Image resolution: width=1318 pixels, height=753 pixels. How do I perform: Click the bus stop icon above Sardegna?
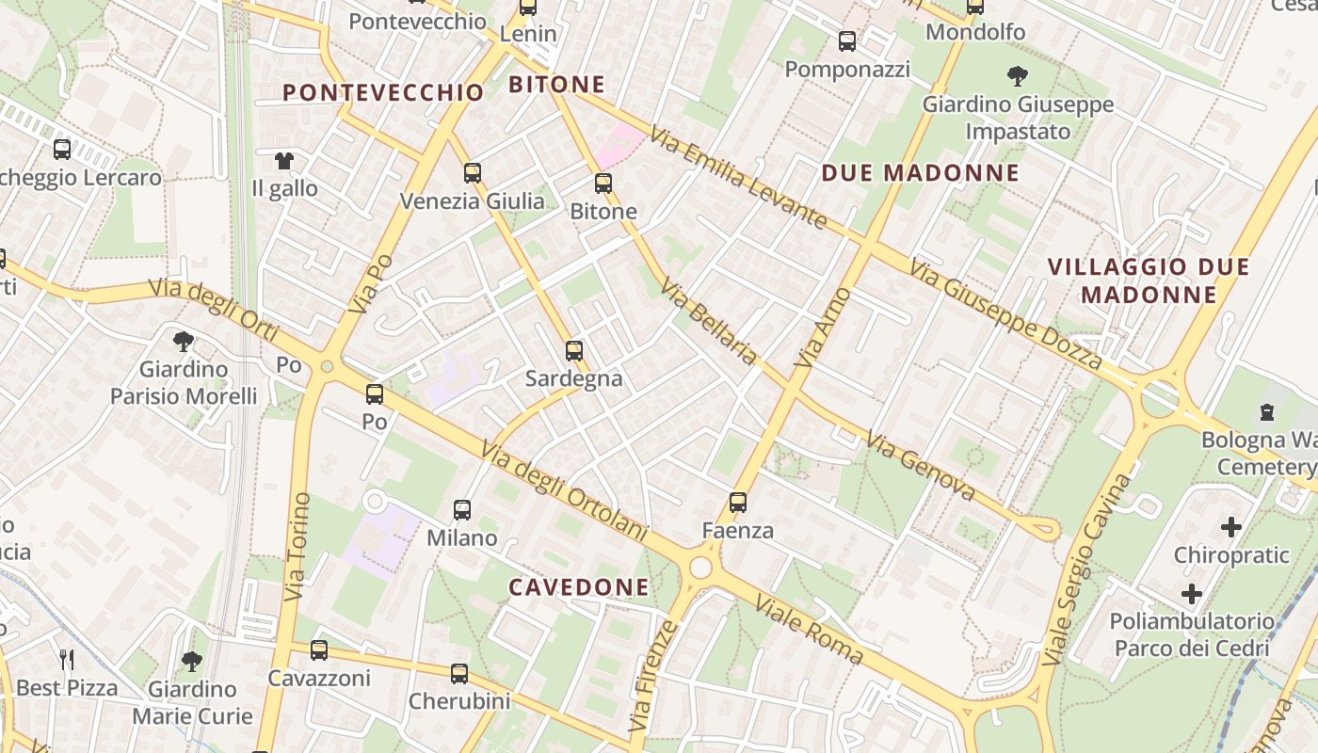(574, 351)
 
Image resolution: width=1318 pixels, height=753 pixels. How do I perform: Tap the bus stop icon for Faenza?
(738, 503)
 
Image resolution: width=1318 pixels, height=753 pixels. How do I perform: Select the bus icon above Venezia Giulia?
(473, 173)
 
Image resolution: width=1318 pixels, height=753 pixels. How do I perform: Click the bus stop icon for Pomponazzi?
(847, 41)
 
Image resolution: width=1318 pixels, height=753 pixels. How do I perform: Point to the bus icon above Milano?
(462, 510)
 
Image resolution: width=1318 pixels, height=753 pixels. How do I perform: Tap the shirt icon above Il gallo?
(284, 161)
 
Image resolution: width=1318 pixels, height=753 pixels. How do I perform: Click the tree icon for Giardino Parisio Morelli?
(184, 341)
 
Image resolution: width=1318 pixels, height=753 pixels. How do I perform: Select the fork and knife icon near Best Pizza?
(66, 659)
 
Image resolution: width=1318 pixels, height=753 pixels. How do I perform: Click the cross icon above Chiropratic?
(1230, 527)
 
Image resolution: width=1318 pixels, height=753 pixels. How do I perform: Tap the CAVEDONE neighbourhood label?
(579, 587)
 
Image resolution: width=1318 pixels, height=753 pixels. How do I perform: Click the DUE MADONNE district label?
(920, 173)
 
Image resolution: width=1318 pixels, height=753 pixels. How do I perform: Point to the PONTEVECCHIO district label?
(383, 92)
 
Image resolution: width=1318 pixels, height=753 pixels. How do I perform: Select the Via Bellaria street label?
(709, 321)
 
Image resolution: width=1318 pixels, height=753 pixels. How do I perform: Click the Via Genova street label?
(920, 466)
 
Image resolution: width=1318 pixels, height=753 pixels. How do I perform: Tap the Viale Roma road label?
(810, 630)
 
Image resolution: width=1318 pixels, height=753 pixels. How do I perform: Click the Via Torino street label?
(297, 546)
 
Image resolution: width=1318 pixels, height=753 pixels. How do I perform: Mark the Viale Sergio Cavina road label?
(1088, 568)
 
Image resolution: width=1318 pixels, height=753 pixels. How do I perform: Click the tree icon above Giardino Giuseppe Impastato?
(1017, 76)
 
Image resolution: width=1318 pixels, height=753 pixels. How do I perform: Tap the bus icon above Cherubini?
(459, 674)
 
